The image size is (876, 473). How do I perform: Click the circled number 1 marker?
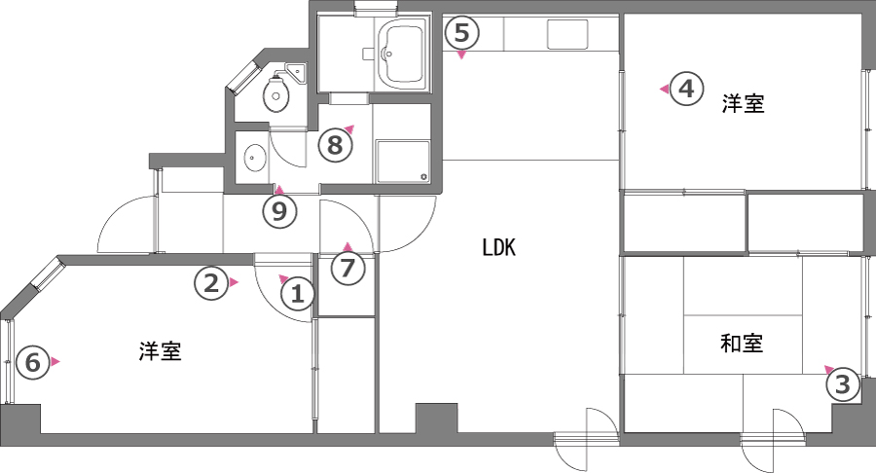(299, 292)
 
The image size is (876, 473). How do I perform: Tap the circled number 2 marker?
(208, 283)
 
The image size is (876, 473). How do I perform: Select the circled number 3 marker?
(843, 384)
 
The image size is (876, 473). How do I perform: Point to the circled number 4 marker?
(686, 90)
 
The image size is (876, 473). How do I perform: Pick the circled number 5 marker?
(462, 33)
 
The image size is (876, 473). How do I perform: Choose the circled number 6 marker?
(32, 363)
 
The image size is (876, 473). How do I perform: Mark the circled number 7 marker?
(347, 268)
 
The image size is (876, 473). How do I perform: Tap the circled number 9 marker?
(279, 211)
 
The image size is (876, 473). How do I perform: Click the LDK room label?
(498, 248)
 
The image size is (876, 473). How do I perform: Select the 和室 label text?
(742, 343)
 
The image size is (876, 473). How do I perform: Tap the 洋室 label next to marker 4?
(743, 104)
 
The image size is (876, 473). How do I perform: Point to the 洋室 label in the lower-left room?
(159, 351)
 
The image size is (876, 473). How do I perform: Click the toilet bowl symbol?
(276, 96)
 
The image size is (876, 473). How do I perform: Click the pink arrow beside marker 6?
(55, 362)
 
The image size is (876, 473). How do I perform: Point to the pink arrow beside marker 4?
(664, 90)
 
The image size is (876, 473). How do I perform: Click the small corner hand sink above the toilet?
(295, 71)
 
